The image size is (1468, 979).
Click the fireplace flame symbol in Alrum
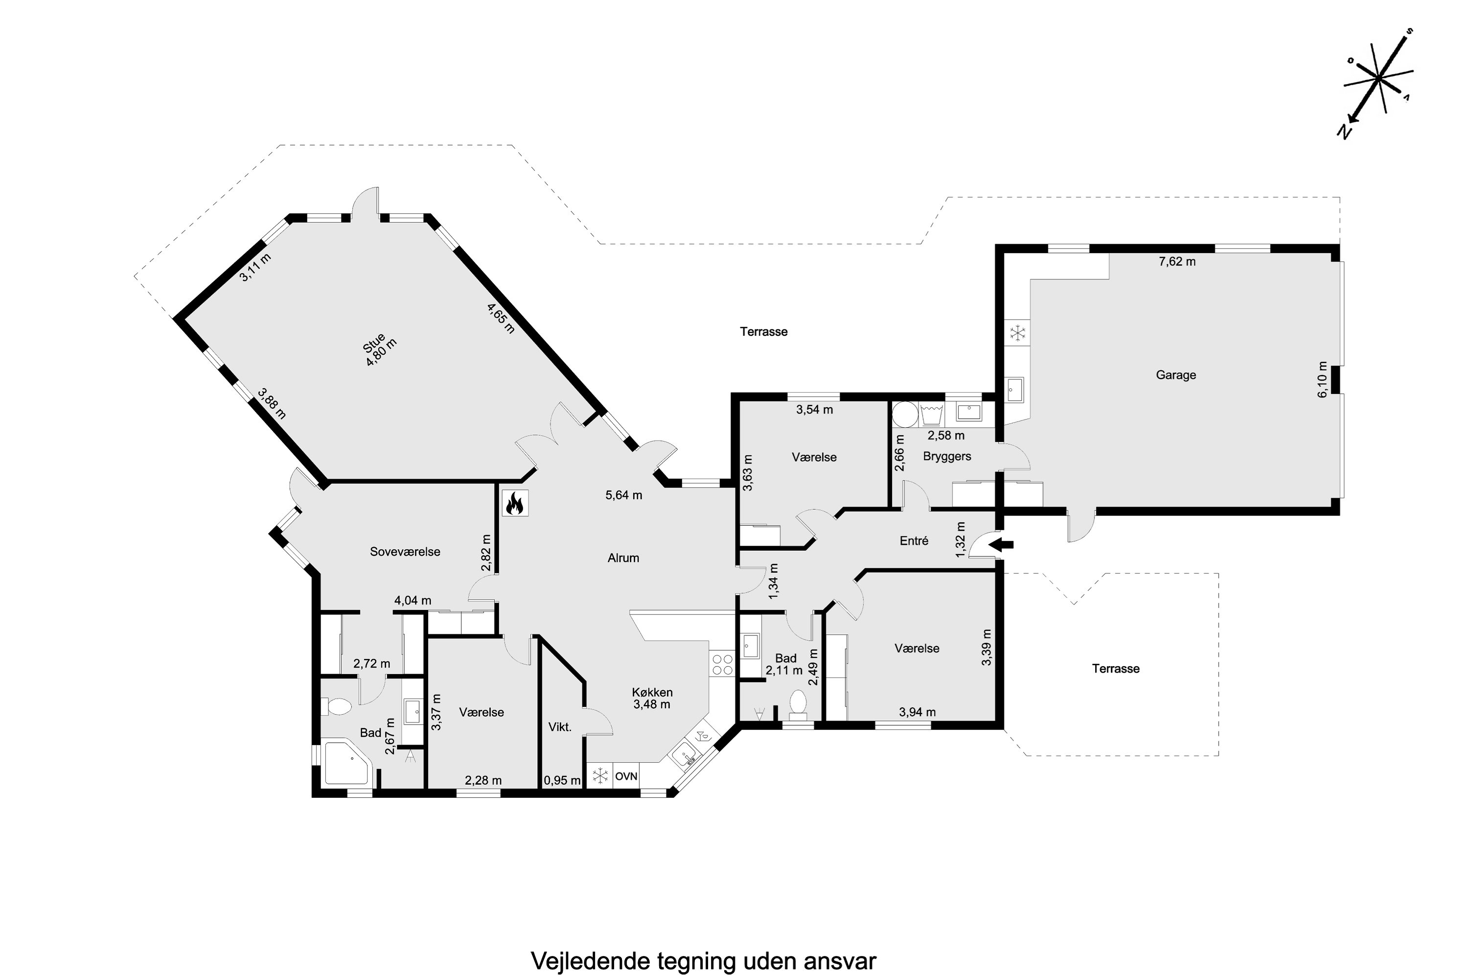[515, 503]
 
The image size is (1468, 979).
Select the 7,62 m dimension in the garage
[1177, 261]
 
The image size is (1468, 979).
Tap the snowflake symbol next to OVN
[600, 776]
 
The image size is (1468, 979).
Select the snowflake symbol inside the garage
[1018, 333]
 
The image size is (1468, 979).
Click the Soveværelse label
[405, 551]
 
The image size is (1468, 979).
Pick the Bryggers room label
[947, 456]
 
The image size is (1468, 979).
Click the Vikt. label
[560, 727]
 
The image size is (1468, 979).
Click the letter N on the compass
[1344, 132]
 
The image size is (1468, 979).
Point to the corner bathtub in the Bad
[347, 763]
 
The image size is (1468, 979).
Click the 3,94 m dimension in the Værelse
[917, 712]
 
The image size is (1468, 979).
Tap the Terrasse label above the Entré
[763, 331]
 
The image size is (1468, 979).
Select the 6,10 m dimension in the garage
[1322, 380]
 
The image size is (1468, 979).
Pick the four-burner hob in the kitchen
[722, 664]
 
